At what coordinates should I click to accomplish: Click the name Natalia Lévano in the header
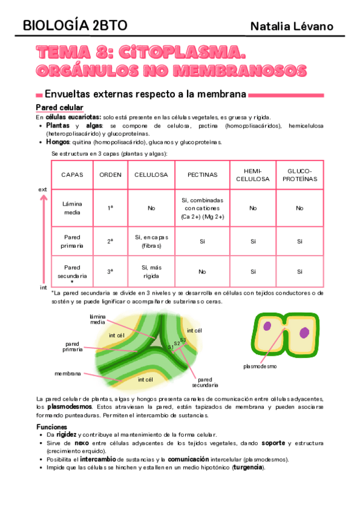291,26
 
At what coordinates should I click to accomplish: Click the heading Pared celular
58,107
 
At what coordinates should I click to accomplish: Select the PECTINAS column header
202,174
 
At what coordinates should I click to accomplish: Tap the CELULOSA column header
150,174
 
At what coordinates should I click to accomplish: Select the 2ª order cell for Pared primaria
110,241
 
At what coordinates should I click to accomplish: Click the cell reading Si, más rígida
150,271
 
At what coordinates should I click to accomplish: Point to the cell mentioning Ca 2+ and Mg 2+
202,207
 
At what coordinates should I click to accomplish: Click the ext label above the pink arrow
43,189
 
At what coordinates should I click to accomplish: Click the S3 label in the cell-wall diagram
183,340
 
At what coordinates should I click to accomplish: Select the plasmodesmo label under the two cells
260,366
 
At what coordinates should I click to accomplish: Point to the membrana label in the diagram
67,373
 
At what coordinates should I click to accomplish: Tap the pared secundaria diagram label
205,382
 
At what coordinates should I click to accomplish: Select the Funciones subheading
52,426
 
